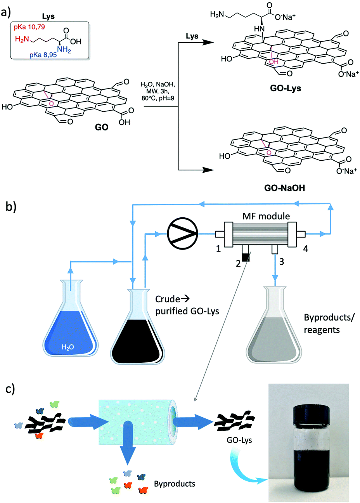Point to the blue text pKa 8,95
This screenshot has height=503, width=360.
click(x=43, y=55)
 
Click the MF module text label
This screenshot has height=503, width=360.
click(x=266, y=216)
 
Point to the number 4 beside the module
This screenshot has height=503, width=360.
click(x=306, y=248)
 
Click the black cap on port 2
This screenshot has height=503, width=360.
click(x=245, y=257)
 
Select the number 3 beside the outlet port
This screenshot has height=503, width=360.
click(x=282, y=262)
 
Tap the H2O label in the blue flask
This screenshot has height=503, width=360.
click(x=68, y=347)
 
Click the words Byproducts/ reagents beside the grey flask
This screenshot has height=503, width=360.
click(x=322, y=323)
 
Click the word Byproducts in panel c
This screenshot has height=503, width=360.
click(x=175, y=484)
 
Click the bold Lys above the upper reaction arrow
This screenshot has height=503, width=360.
click(x=192, y=36)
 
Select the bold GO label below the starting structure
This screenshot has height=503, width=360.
click(x=102, y=127)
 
